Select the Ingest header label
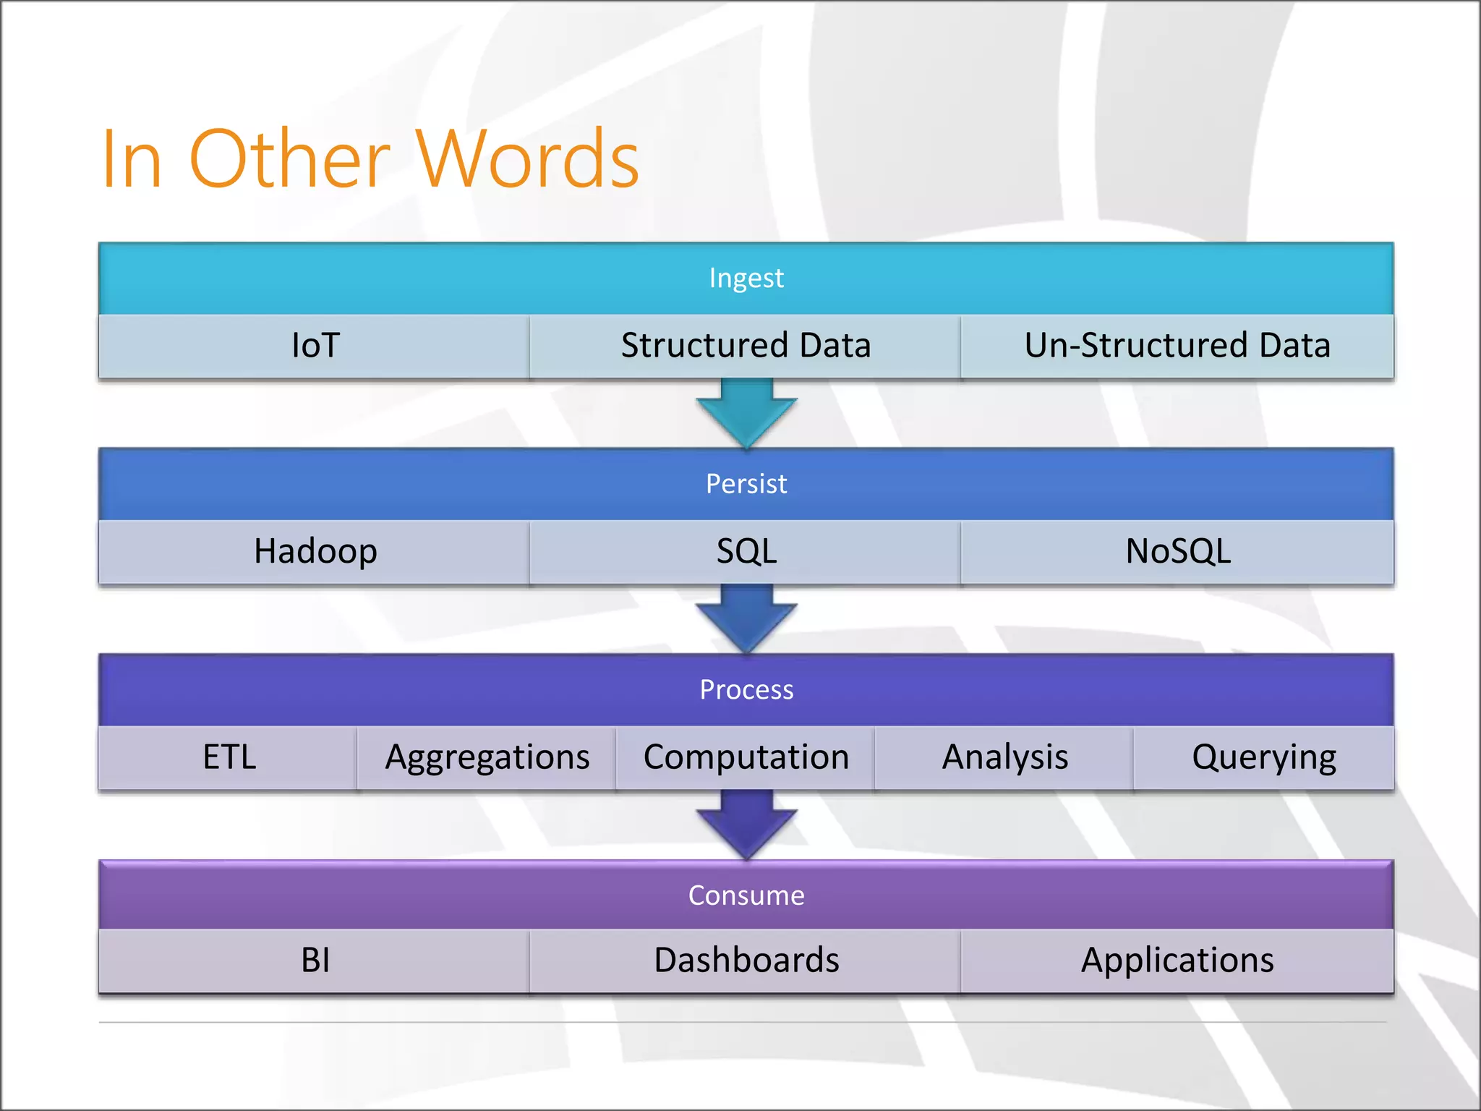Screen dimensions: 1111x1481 pos(746,278)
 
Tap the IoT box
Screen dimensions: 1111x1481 pos(315,346)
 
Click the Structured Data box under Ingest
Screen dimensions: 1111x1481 pos(746,346)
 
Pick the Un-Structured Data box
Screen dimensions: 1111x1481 pos(1177,346)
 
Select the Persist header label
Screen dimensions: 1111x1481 pos(746,484)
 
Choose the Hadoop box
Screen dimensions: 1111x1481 pos(315,552)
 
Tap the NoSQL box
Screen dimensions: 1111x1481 pos(1177,552)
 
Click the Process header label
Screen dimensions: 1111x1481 pos(746,690)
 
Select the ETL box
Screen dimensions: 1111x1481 pos(229,758)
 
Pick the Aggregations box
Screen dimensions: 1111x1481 pos(487,758)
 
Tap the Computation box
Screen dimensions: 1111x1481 pos(746,758)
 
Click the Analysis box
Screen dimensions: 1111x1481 pos(1004,758)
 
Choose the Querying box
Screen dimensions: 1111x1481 pos(1263,758)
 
